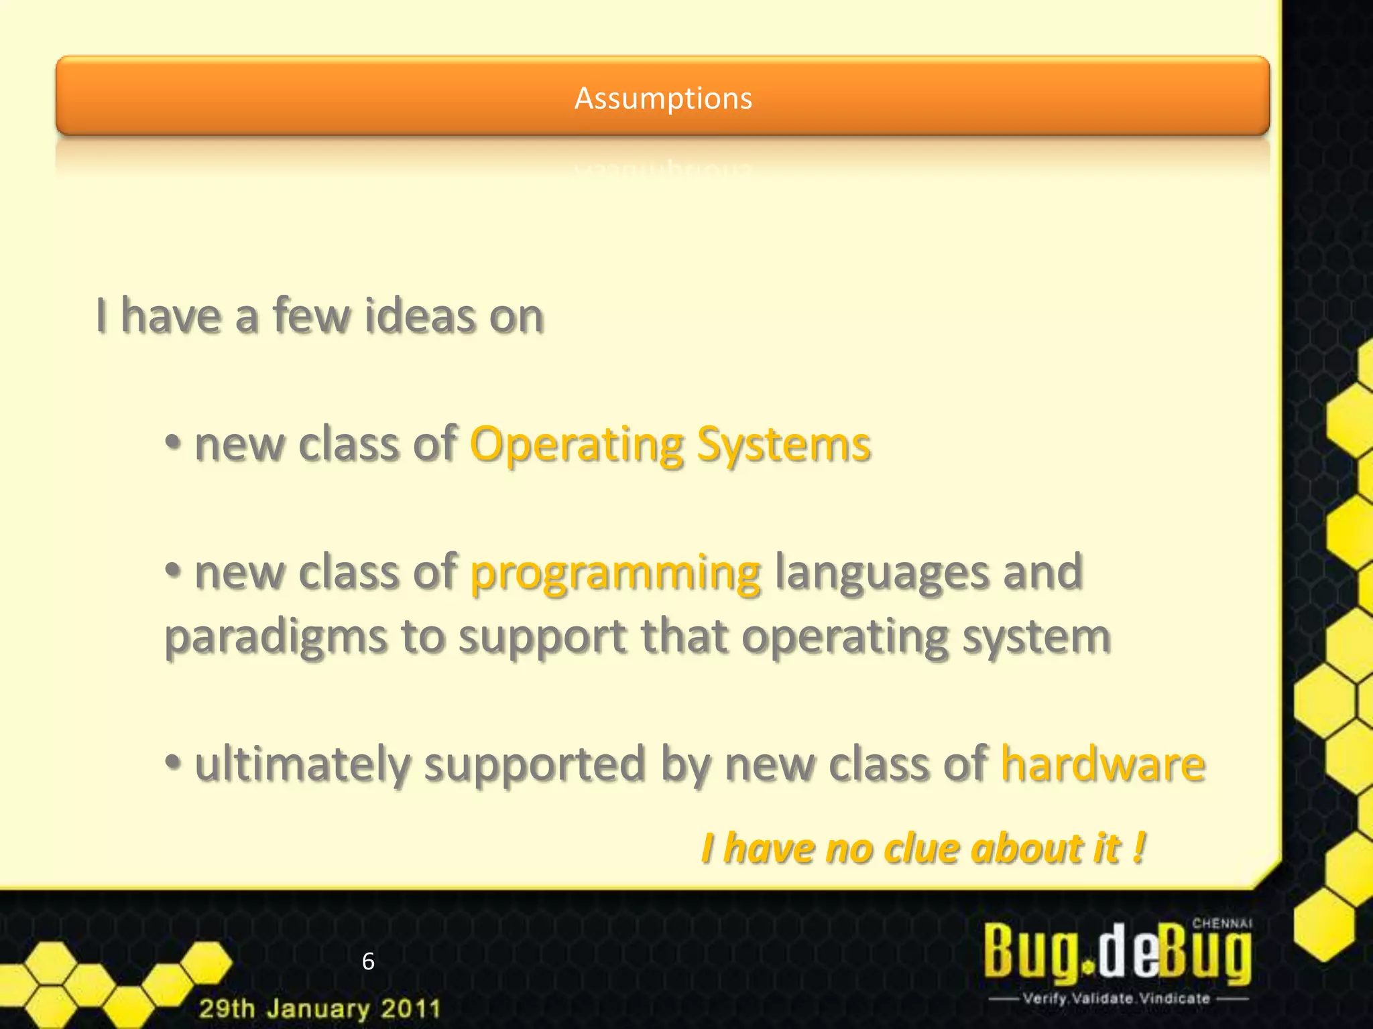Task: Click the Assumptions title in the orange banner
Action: [663, 98]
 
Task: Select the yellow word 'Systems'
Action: [783, 445]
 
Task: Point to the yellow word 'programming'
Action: [615, 573]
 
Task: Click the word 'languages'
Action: [881, 572]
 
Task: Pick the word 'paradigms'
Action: [276, 636]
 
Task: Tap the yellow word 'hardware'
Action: [1102, 764]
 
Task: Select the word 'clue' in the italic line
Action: [921, 849]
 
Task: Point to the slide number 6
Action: [368, 961]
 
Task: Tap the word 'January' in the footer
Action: [318, 1008]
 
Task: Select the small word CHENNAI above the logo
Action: [1221, 923]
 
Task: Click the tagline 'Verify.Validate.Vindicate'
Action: [1116, 999]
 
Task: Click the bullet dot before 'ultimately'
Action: [173, 762]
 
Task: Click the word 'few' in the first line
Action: [311, 316]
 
